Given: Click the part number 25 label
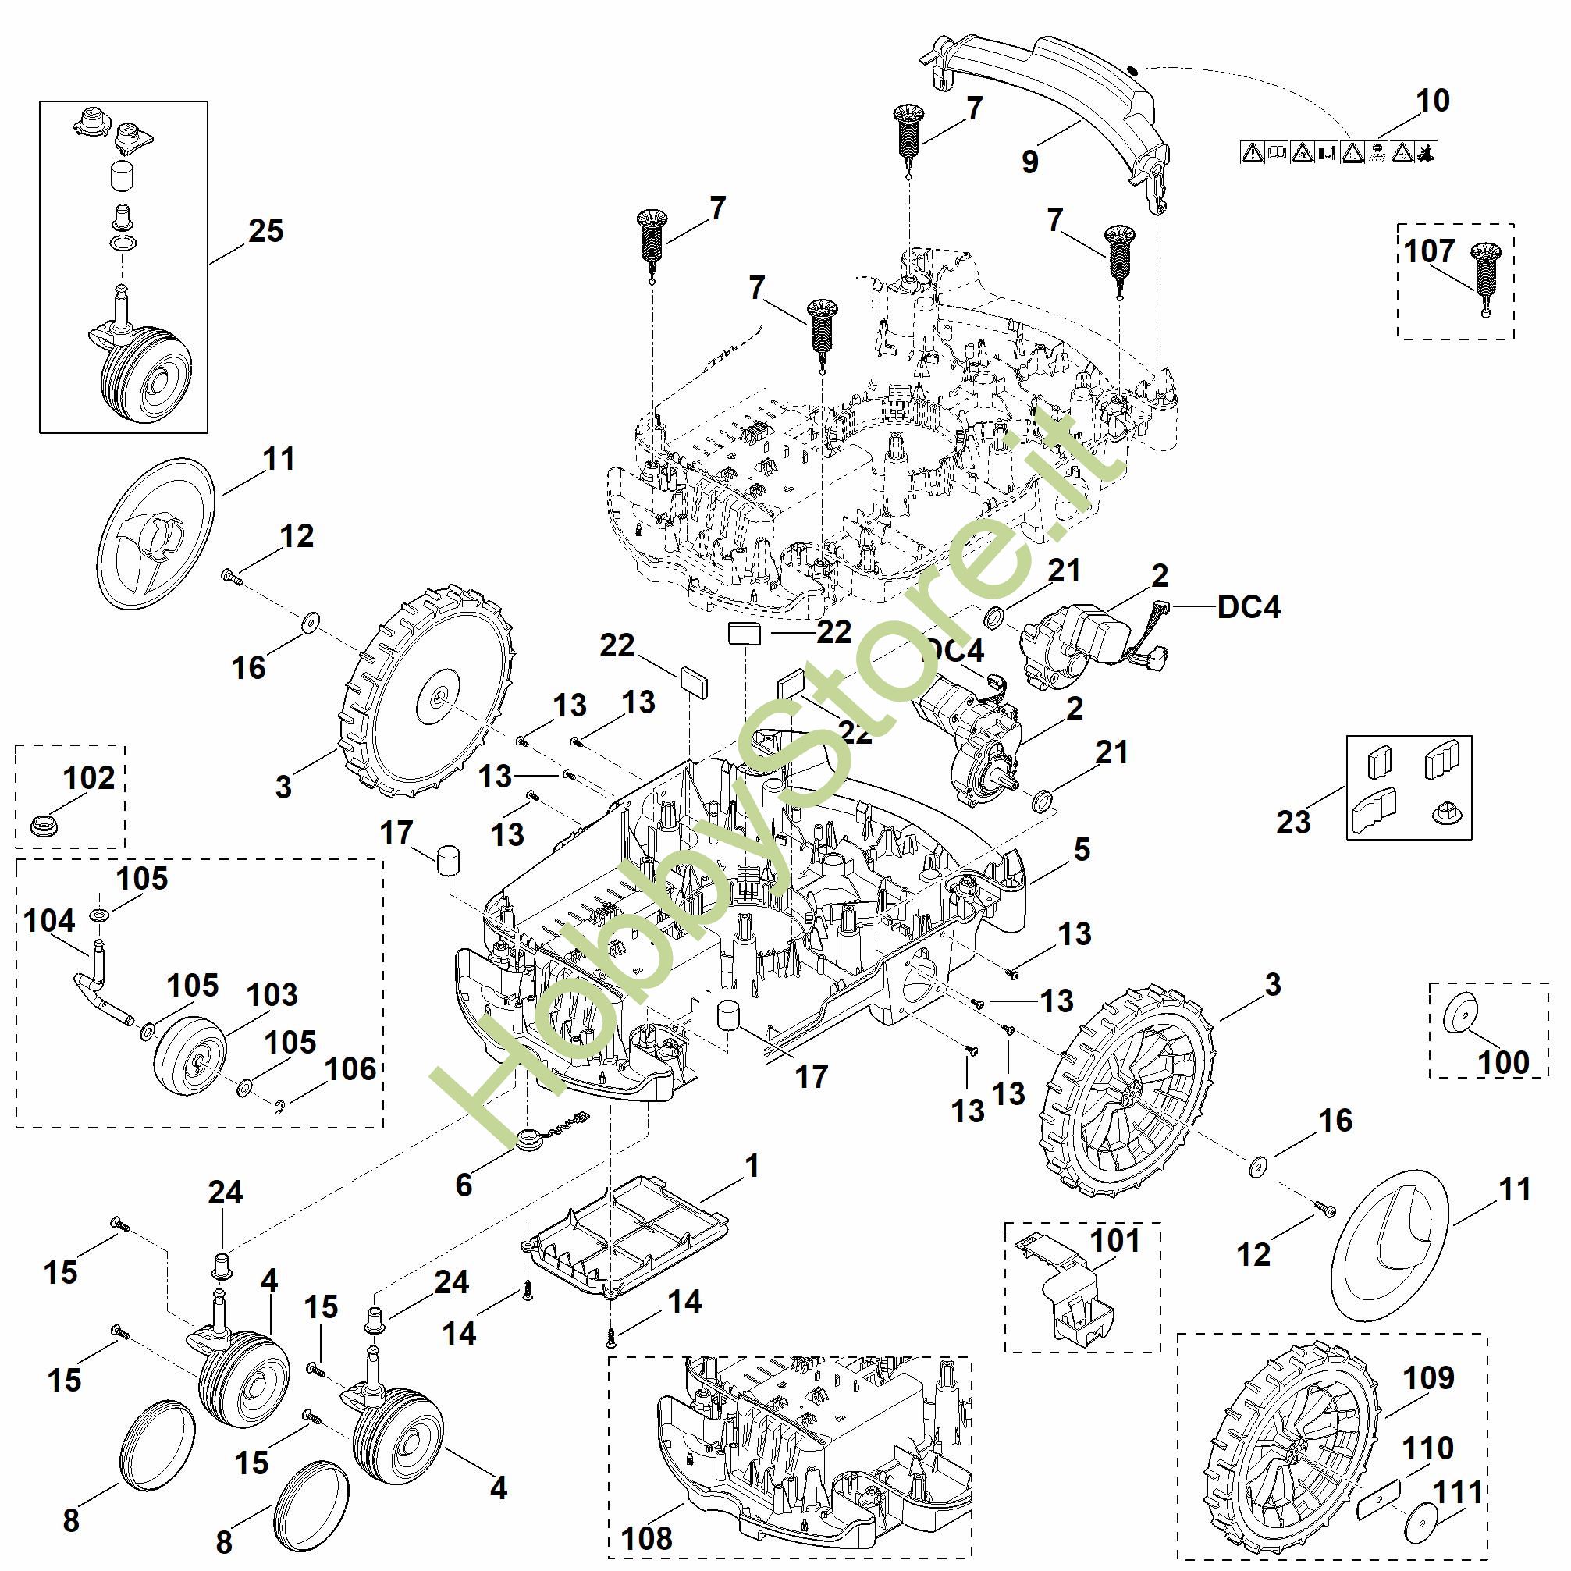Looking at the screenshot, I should (x=266, y=231).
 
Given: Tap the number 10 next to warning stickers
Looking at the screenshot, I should (x=1432, y=101).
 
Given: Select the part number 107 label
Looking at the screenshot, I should (x=1429, y=251).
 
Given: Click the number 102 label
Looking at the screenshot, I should (x=89, y=778).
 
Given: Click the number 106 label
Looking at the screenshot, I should (x=350, y=1069).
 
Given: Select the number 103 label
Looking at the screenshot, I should (x=272, y=994).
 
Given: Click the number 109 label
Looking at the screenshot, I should (x=1429, y=1378).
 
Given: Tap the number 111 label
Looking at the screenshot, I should (x=1458, y=1492).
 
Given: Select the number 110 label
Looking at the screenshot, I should (x=1429, y=1448).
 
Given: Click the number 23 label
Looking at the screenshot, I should (x=1293, y=822).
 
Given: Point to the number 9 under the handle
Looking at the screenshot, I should (x=1029, y=162).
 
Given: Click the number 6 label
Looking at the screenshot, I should (x=464, y=1185).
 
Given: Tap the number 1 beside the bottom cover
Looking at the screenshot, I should (x=752, y=1166).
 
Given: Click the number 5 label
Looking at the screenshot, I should (x=1082, y=850).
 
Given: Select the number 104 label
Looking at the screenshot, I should (x=50, y=922).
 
